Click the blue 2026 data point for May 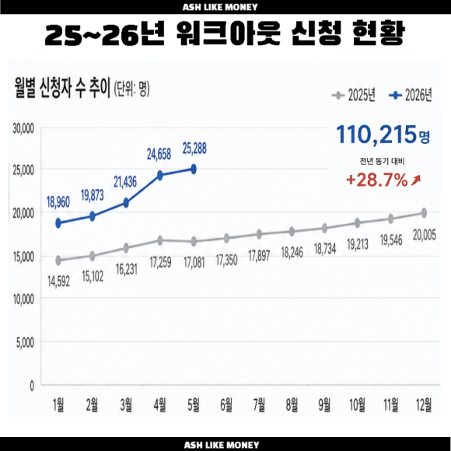tap(194, 170)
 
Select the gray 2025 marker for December tap(424, 213)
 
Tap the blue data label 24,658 tap(159, 154)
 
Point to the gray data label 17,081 tap(194, 263)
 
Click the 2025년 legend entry tap(354, 95)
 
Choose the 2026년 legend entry tap(410, 95)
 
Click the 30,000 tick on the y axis tap(23, 128)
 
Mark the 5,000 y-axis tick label tap(25, 343)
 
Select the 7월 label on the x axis tap(259, 404)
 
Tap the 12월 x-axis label tap(424, 404)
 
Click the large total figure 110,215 tap(376, 135)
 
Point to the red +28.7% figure tap(377, 180)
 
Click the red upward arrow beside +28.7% tap(416, 180)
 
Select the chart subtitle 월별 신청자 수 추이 tap(62, 89)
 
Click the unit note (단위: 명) tap(131, 89)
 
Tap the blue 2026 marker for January tap(58, 223)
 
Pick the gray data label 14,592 tap(58, 281)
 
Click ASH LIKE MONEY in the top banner tap(220, 7)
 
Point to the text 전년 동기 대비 tap(382, 162)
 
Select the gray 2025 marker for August tap(292, 231)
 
